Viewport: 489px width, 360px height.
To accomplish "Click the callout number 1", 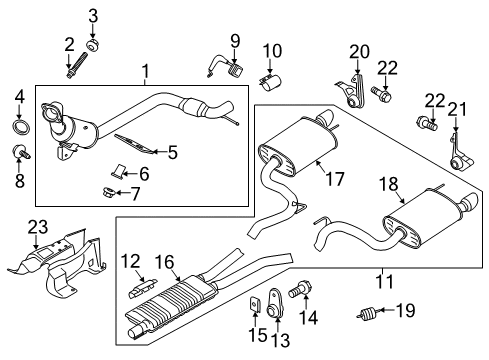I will click(146, 73).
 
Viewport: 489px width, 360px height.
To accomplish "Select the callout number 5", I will click(172, 153).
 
